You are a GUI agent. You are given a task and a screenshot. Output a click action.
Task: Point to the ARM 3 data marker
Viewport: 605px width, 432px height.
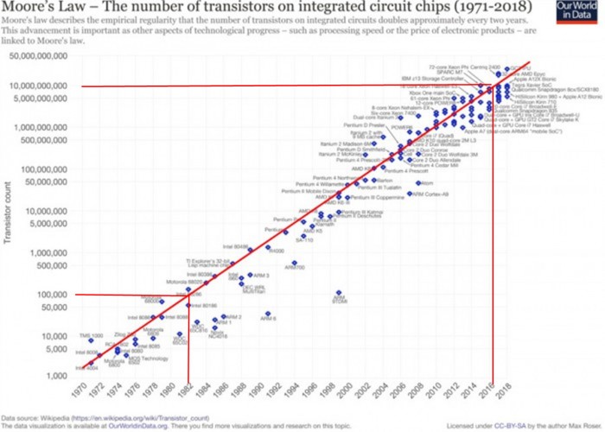pos(249,276)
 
